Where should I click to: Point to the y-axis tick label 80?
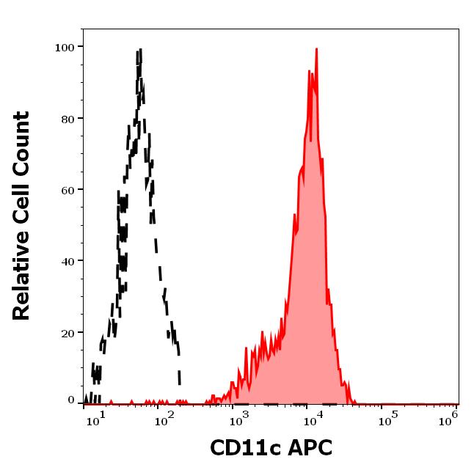click(x=67, y=118)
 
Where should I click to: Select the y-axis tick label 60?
click(x=67, y=189)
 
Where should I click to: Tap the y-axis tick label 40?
click(x=67, y=260)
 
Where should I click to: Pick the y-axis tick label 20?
click(x=67, y=332)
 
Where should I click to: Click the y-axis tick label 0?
click(x=71, y=400)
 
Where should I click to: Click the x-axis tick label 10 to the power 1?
click(x=96, y=419)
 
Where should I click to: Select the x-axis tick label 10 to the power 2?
click(x=164, y=419)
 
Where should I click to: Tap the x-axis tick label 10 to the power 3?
click(x=237, y=419)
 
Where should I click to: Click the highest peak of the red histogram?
click(x=316, y=49)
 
